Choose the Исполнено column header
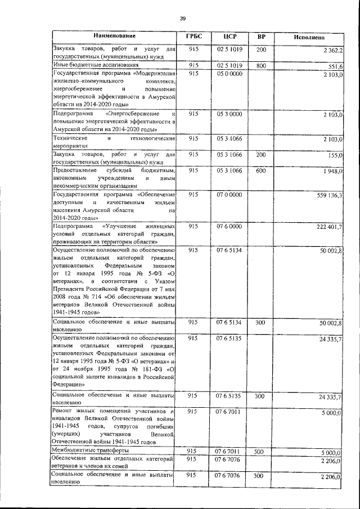point(309,37)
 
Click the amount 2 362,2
point(333,51)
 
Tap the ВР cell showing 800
point(261,65)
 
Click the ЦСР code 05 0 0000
point(229,73)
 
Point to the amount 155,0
point(336,155)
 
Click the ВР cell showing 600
point(261,170)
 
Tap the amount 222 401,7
point(330,226)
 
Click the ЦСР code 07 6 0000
point(229,226)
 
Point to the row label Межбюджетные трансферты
point(86,451)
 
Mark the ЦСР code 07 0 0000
point(229,194)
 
